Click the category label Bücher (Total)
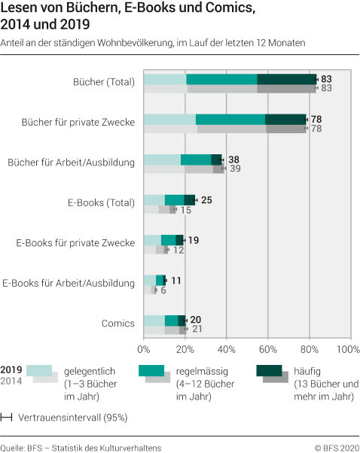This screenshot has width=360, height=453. [x=103, y=80]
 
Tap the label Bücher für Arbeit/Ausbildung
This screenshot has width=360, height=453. [x=71, y=161]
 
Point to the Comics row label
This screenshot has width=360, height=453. [x=117, y=324]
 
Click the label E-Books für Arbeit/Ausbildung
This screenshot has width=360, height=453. [x=69, y=283]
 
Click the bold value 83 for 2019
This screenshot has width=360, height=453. [x=326, y=78]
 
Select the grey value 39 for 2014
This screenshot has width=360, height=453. [x=234, y=169]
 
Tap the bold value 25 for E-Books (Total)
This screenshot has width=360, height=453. [x=207, y=200]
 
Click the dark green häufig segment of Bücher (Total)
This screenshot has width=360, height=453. [x=287, y=79]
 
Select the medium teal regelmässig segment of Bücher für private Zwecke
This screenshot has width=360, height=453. [x=230, y=119]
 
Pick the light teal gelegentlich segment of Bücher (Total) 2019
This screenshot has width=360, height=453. [x=164, y=79]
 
